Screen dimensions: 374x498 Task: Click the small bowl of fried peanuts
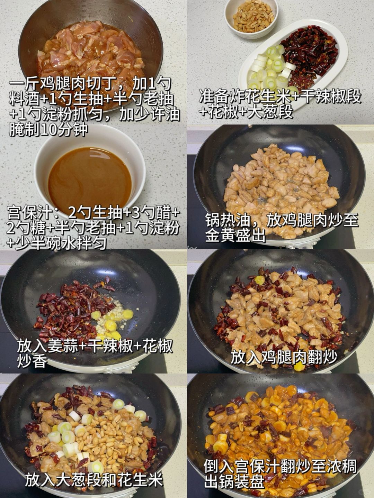click(251, 18)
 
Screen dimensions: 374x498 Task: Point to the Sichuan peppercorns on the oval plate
click(302, 79)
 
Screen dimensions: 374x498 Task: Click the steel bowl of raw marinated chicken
click(91, 50)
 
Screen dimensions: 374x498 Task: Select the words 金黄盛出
click(235, 236)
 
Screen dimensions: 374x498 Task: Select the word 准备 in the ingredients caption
click(214, 96)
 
